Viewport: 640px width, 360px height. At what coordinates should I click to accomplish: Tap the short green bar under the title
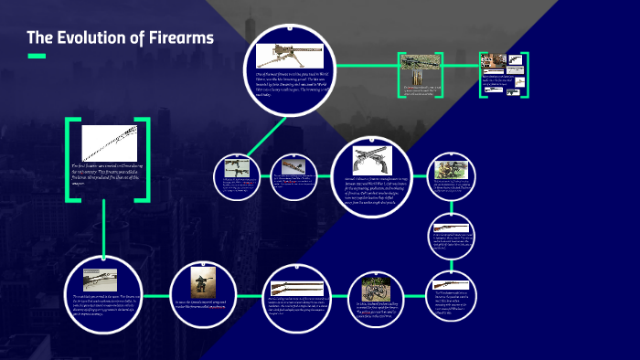pyautogui.click(x=37, y=57)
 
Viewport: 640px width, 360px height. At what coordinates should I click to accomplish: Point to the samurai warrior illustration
pyautogui.click(x=203, y=282)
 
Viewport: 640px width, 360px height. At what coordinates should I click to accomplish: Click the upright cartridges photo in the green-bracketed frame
pyautogui.click(x=421, y=69)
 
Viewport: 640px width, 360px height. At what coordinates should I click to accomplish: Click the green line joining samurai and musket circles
pyautogui.click(x=246, y=299)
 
